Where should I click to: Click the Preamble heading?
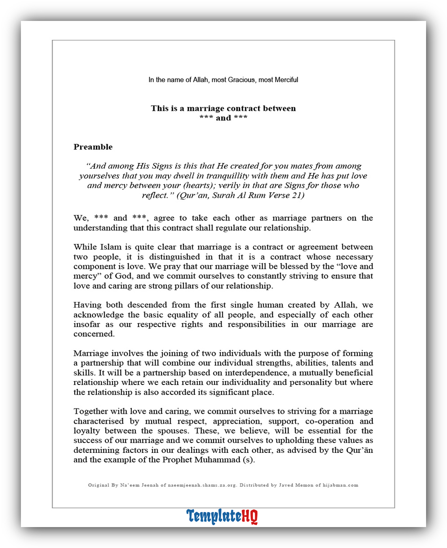point(93,147)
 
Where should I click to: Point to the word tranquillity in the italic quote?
point(227,176)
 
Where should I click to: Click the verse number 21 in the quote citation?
point(297,195)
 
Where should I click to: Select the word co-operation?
point(329,421)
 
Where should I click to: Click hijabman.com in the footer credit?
point(340,485)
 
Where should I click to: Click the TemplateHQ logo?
point(222,516)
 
